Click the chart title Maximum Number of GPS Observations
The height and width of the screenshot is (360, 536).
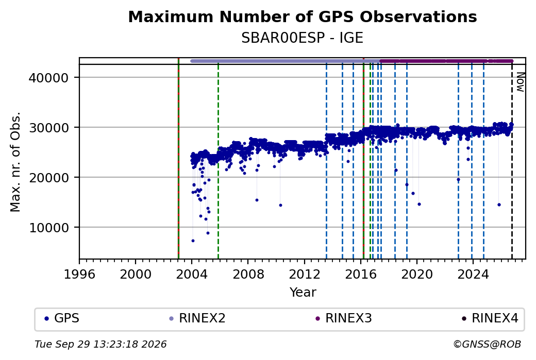(x=303, y=16)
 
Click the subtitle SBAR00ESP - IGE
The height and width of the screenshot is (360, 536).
(x=302, y=38)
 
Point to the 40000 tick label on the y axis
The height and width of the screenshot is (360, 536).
(x=49, y=78)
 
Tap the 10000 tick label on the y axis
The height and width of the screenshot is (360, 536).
(x=49, y=228)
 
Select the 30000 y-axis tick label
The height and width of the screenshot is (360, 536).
(x=49, y=128)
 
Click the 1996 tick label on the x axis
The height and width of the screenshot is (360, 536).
(x=79, y=275)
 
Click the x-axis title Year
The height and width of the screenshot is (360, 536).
(x=303, y=293)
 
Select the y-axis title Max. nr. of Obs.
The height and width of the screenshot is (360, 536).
(x=15, y=162)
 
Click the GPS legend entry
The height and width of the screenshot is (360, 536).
(x=62, y=318)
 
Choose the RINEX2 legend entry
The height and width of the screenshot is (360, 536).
(x=197, y=318)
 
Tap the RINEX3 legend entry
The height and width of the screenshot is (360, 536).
(x=344, y=318)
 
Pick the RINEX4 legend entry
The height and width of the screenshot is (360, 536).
(x=490, y=318)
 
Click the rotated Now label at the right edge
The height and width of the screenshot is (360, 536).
(x=520, y=82)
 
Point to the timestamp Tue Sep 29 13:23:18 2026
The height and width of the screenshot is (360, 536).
(x=100, y=344)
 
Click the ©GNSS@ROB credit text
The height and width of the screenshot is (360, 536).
(x=488, y=344)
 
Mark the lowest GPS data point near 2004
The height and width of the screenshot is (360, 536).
(x=193, y=241)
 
